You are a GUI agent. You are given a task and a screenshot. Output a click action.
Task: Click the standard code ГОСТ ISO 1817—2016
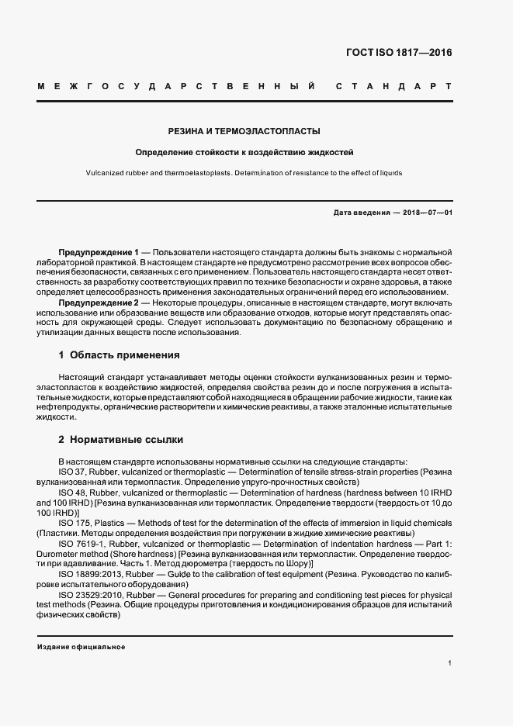pyautogui.click(x=399, y=53)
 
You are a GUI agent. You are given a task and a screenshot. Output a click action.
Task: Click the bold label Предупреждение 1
pyautogui.click(x=99, y=254)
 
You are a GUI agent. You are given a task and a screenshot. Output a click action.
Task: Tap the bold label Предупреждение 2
pyautogui.click(x=99, y=302)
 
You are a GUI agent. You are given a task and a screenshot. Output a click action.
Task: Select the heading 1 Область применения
pyautogui.click(x=120, y=354)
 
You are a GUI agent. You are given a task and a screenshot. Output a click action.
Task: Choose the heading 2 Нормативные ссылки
pyautogui.click(x=121, y=439)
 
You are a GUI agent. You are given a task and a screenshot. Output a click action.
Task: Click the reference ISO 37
pyautogui.click(x=71, y=471)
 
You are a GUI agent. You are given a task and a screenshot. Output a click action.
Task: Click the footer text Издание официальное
pyautogui.click(x=81, y=647)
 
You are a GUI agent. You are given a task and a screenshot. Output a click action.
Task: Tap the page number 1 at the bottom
pyautogui.click(x=449, y=663)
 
